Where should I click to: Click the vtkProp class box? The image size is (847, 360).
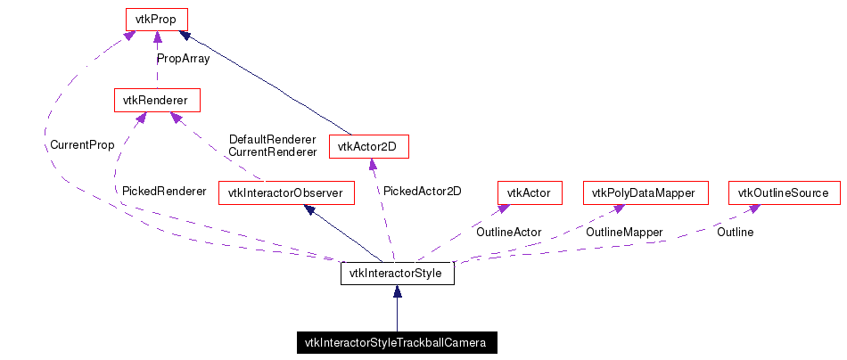156,18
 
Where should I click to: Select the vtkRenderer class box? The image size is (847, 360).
156,100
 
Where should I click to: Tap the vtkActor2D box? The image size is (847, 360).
368,146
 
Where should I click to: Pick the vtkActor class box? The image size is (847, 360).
529,192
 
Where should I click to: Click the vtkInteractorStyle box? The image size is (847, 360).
397,273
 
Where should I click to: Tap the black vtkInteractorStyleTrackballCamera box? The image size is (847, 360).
396,342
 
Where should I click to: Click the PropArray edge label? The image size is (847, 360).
183,59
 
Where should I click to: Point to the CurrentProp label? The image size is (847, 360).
82,144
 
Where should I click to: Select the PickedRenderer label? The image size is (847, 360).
164,191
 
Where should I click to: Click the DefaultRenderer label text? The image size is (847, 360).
272,139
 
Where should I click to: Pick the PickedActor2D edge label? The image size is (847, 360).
422,191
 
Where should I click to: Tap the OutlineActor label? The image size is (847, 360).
508,232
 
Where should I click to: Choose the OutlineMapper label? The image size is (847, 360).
624,232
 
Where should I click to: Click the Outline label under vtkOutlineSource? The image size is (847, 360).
735,232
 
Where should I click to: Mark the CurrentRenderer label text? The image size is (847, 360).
272,151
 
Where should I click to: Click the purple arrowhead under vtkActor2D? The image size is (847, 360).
369,163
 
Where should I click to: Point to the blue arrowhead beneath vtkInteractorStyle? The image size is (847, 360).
397,290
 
